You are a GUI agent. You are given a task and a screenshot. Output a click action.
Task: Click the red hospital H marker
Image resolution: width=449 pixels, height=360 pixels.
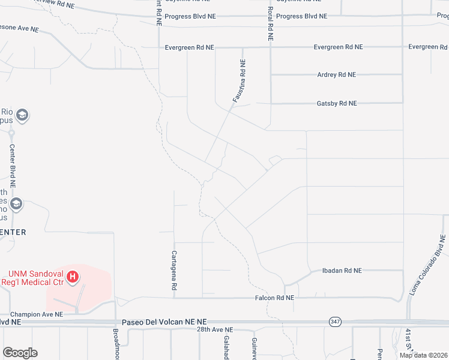(73, 277)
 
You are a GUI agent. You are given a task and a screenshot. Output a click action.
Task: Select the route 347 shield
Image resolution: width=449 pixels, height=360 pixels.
(334, 322)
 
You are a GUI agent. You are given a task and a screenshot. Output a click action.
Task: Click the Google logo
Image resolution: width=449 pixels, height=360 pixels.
(20, 353)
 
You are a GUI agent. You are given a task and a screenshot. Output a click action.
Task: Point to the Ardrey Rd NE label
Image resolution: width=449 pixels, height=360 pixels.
(336, 75)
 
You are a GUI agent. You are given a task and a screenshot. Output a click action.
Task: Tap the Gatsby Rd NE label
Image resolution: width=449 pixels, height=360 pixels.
(336, 103)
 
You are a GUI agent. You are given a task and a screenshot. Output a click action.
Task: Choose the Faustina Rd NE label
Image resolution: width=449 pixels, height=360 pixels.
(240, 80)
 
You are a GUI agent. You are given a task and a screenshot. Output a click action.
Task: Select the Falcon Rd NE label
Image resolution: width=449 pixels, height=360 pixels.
(274, 298)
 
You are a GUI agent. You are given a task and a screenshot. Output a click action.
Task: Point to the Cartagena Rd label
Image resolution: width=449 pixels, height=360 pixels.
(174, 271)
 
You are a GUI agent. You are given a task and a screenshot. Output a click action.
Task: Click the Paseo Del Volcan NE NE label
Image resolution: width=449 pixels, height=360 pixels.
(164, 322)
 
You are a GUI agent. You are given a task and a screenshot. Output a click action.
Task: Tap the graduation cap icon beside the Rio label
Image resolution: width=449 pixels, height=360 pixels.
(22, 115)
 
